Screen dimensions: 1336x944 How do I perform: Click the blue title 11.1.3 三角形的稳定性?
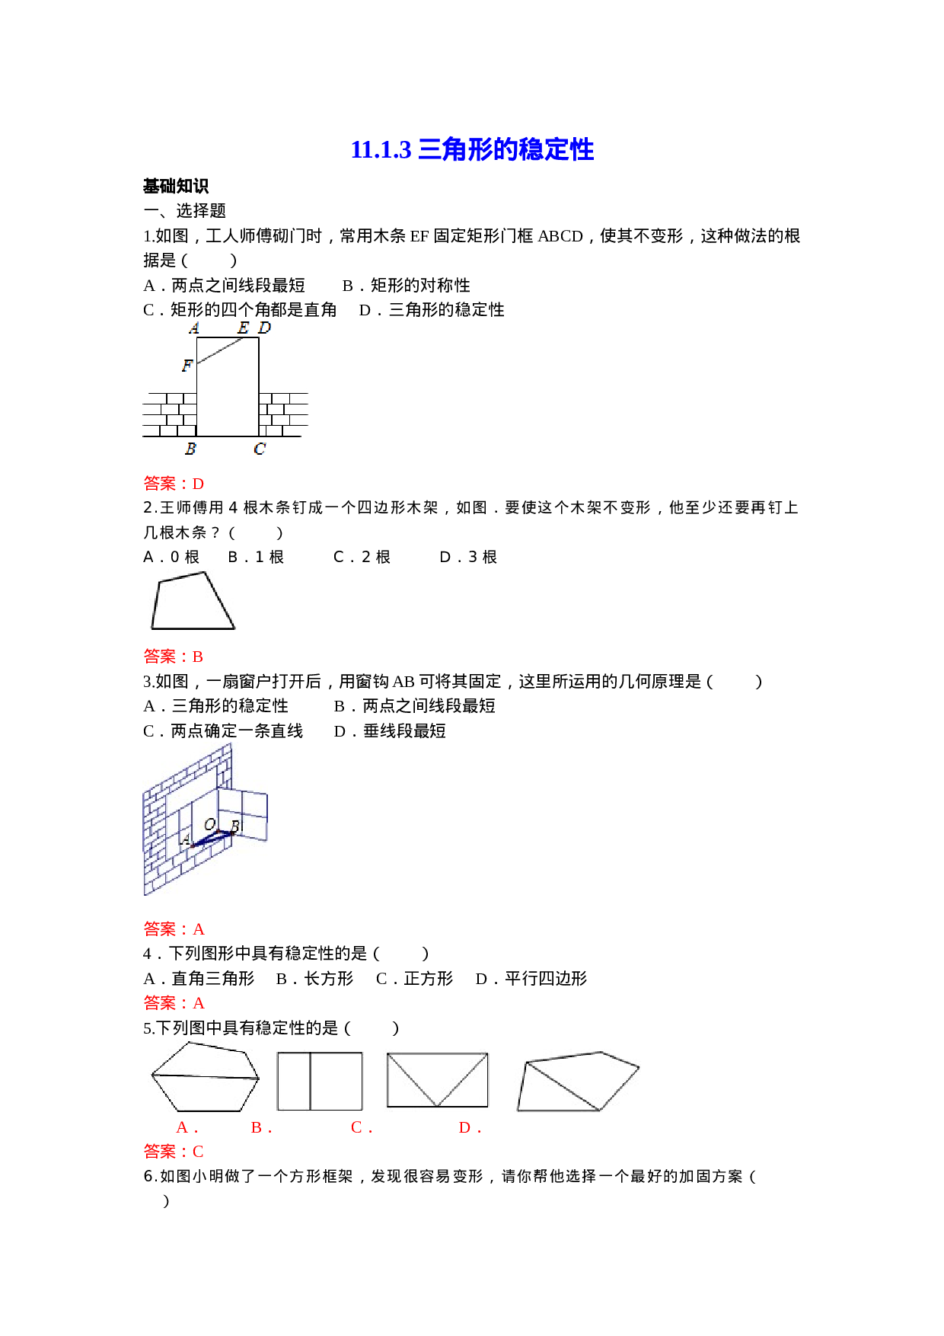pos(472,150)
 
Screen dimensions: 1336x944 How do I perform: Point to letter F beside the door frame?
pos(187,366)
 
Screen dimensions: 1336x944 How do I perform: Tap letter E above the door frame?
pos(243,328)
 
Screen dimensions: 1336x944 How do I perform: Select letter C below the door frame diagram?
pos(260,449)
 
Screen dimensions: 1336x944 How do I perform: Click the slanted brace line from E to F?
pos(221,351)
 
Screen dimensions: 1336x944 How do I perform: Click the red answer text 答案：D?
pos(174,484)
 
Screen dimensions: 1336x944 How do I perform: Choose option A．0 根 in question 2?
pos(171,558)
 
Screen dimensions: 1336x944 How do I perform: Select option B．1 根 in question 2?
pos(256,558)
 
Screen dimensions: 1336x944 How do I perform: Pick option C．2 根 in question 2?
pos(362,558)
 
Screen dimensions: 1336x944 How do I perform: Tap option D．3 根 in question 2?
pos(468,558)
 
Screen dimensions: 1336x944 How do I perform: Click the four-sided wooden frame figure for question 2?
pos(192,600)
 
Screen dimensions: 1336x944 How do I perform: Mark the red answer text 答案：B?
pos(174,657)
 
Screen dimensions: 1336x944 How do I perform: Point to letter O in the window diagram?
pos(209,825)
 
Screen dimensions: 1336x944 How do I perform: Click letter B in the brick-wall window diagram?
pos(235,826)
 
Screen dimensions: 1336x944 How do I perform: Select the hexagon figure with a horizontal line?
pos(203,1076)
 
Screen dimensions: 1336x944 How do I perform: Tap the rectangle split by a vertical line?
pos(319,1081)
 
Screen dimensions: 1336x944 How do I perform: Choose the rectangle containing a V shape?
pos(436,1080)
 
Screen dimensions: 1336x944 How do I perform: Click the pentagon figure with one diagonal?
pos(577,1081)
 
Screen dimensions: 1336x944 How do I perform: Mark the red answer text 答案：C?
pos(174,1152)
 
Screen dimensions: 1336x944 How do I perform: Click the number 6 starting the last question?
pos(149,1177)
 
